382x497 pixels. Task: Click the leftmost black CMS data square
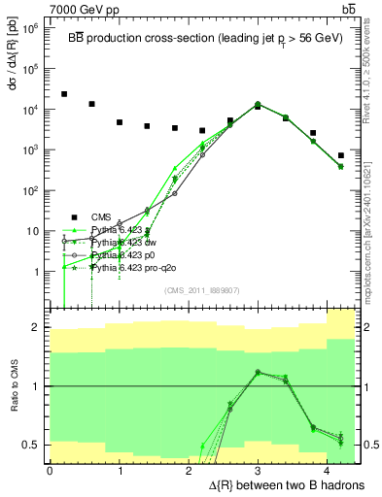click(64, 94)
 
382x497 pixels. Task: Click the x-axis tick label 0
click(50, 470)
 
